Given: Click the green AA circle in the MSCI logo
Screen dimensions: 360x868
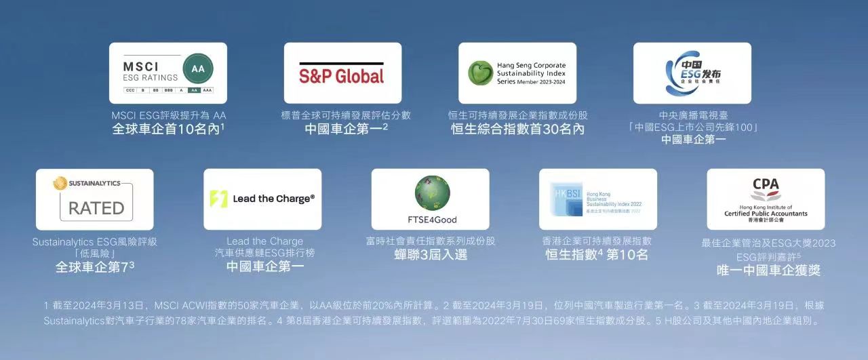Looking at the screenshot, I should pos(198,68).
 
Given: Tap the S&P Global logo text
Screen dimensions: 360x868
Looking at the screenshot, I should pos(342,75).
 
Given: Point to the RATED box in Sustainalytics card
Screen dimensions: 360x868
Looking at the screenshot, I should pos(96,207).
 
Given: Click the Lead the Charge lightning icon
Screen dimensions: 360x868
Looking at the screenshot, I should pos(218,199).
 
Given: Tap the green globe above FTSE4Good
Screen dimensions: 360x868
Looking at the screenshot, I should pos(432,193).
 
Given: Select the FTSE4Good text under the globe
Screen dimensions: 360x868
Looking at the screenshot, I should pos(432,220).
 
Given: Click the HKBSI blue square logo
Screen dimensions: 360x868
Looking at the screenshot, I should pos(562,199).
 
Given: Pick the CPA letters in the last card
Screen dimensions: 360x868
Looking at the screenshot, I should pos(766,184).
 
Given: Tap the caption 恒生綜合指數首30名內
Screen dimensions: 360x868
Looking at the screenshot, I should pos(517,129).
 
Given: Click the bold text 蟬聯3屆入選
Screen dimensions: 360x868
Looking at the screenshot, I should pos(431,255).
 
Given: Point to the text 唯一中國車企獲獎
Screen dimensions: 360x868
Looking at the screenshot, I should pos(768,271).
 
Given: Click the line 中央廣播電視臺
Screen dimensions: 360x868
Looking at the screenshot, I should pos(693,115).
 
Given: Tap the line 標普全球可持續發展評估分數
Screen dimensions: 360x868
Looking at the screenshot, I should pos(346,115).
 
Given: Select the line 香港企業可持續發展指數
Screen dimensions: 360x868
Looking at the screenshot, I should pos(597,241).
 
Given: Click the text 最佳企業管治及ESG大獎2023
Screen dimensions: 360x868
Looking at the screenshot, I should pos(768,243).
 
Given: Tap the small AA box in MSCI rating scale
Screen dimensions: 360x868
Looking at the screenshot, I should pos(193,89).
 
